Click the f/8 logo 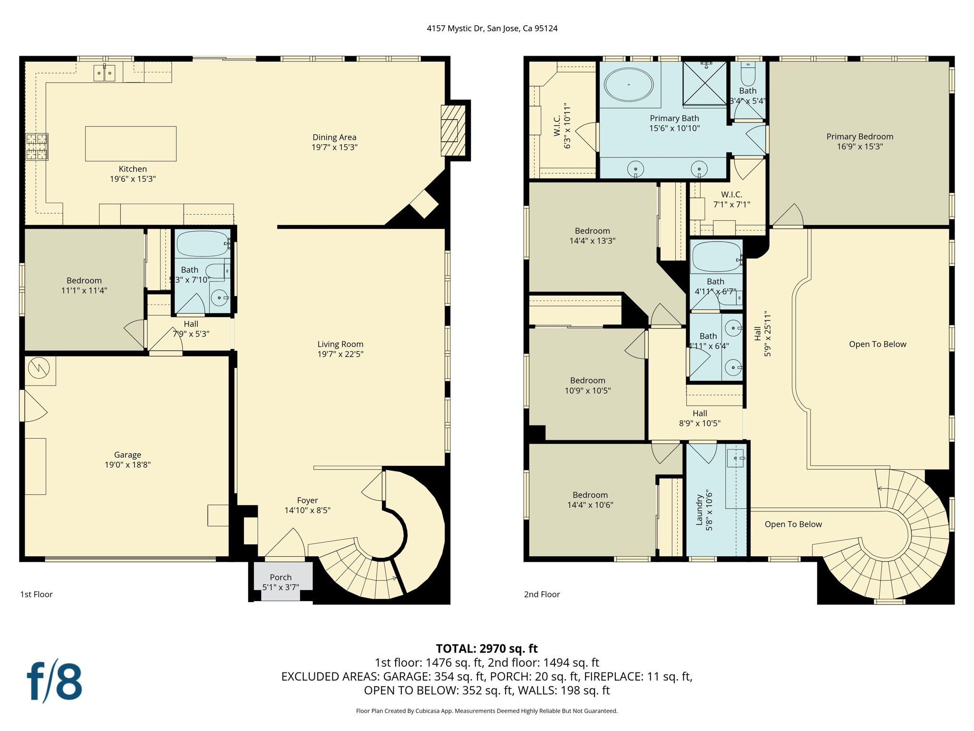click(54, 681)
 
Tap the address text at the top click(492, 28)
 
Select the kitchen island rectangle click(131, 143)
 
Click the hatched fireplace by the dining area click(452, 130)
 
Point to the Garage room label click(127, 454)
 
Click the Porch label click(281, 577)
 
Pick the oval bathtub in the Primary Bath click(628, 85)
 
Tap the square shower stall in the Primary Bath click(704, 83)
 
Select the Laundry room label click(699, 510)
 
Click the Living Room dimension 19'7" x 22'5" click(340, 354)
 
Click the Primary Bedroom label click(859, 137)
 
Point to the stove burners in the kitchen click(37, 147)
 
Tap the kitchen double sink click(104, 73)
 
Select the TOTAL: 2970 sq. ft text click(487, 648)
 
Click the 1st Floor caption click(36, 594)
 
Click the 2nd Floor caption click(542, 594)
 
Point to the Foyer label click(307, 500)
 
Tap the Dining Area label click(334, 137)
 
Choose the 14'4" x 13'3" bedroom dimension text click(592, 241)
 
